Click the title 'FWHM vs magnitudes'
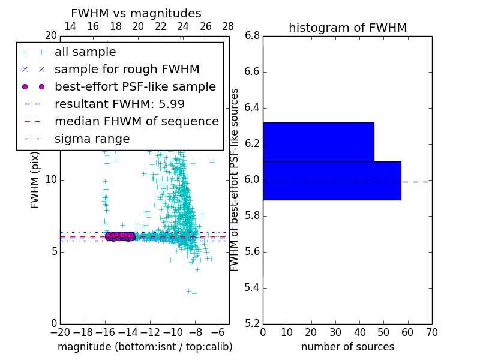click(x=136, y=14)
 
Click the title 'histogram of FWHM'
click(x=347, y=28)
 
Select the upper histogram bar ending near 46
click(x=318, y=142)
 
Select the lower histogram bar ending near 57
click(x=332, y=181)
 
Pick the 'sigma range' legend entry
click(x=92, y=139)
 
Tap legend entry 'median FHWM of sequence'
click(x=136, y=121)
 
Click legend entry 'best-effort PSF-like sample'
click(x=135, y=86)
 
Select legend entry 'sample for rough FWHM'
click(x=127, y=69)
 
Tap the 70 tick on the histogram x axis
click(x=431, y=332)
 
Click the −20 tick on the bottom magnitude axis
click(x=60, y=332)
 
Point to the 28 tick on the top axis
click(x=228, y=26)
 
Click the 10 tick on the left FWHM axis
click(x=51, y=180)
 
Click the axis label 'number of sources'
click(x=347, y=347)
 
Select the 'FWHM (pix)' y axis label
click(x=35, y=180)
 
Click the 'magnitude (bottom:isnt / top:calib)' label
click(x=145, y=347)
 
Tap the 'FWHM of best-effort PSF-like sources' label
click(x=235, y=180)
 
